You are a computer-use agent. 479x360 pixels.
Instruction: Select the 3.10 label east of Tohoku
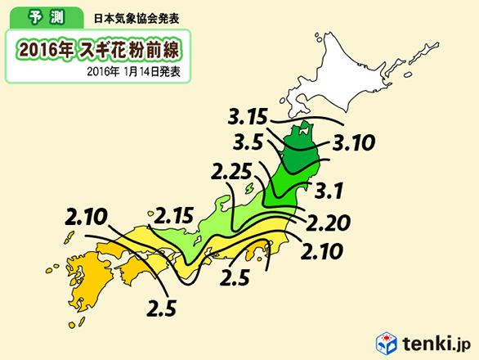click(353, 144)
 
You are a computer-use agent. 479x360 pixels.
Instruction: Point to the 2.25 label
click(232, 173)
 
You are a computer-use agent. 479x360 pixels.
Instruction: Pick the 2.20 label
click(329, 220)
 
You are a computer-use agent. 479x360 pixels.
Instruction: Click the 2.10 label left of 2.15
click(86, 218)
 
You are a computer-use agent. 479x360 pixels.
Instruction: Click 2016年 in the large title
click(43, 48)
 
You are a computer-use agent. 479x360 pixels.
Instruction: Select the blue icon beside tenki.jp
click(386, 341)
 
